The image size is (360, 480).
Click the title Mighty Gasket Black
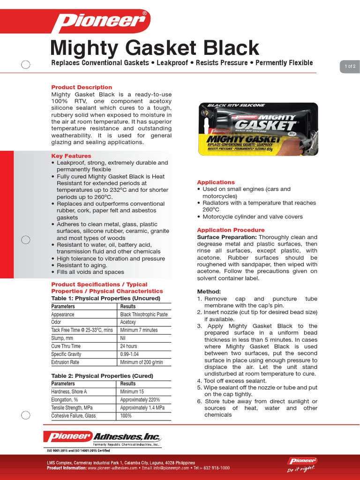point(154,48)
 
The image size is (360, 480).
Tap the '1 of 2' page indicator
point(350,67)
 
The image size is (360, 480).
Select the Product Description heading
point(82,87)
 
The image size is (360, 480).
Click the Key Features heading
point(71,156)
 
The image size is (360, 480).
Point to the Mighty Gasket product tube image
point(257,128)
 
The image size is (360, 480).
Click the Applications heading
point(216,182)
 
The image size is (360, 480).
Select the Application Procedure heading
point(231,230)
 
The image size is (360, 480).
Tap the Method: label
point(209,292)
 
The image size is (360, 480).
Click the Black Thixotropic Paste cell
point(143,315)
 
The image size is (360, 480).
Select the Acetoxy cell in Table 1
point(128,322)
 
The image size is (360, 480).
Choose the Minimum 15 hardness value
point(132,391)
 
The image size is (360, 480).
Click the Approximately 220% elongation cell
point(140,399)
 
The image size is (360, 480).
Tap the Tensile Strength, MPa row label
point(72,407)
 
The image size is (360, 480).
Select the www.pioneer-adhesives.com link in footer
point(112,468)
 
